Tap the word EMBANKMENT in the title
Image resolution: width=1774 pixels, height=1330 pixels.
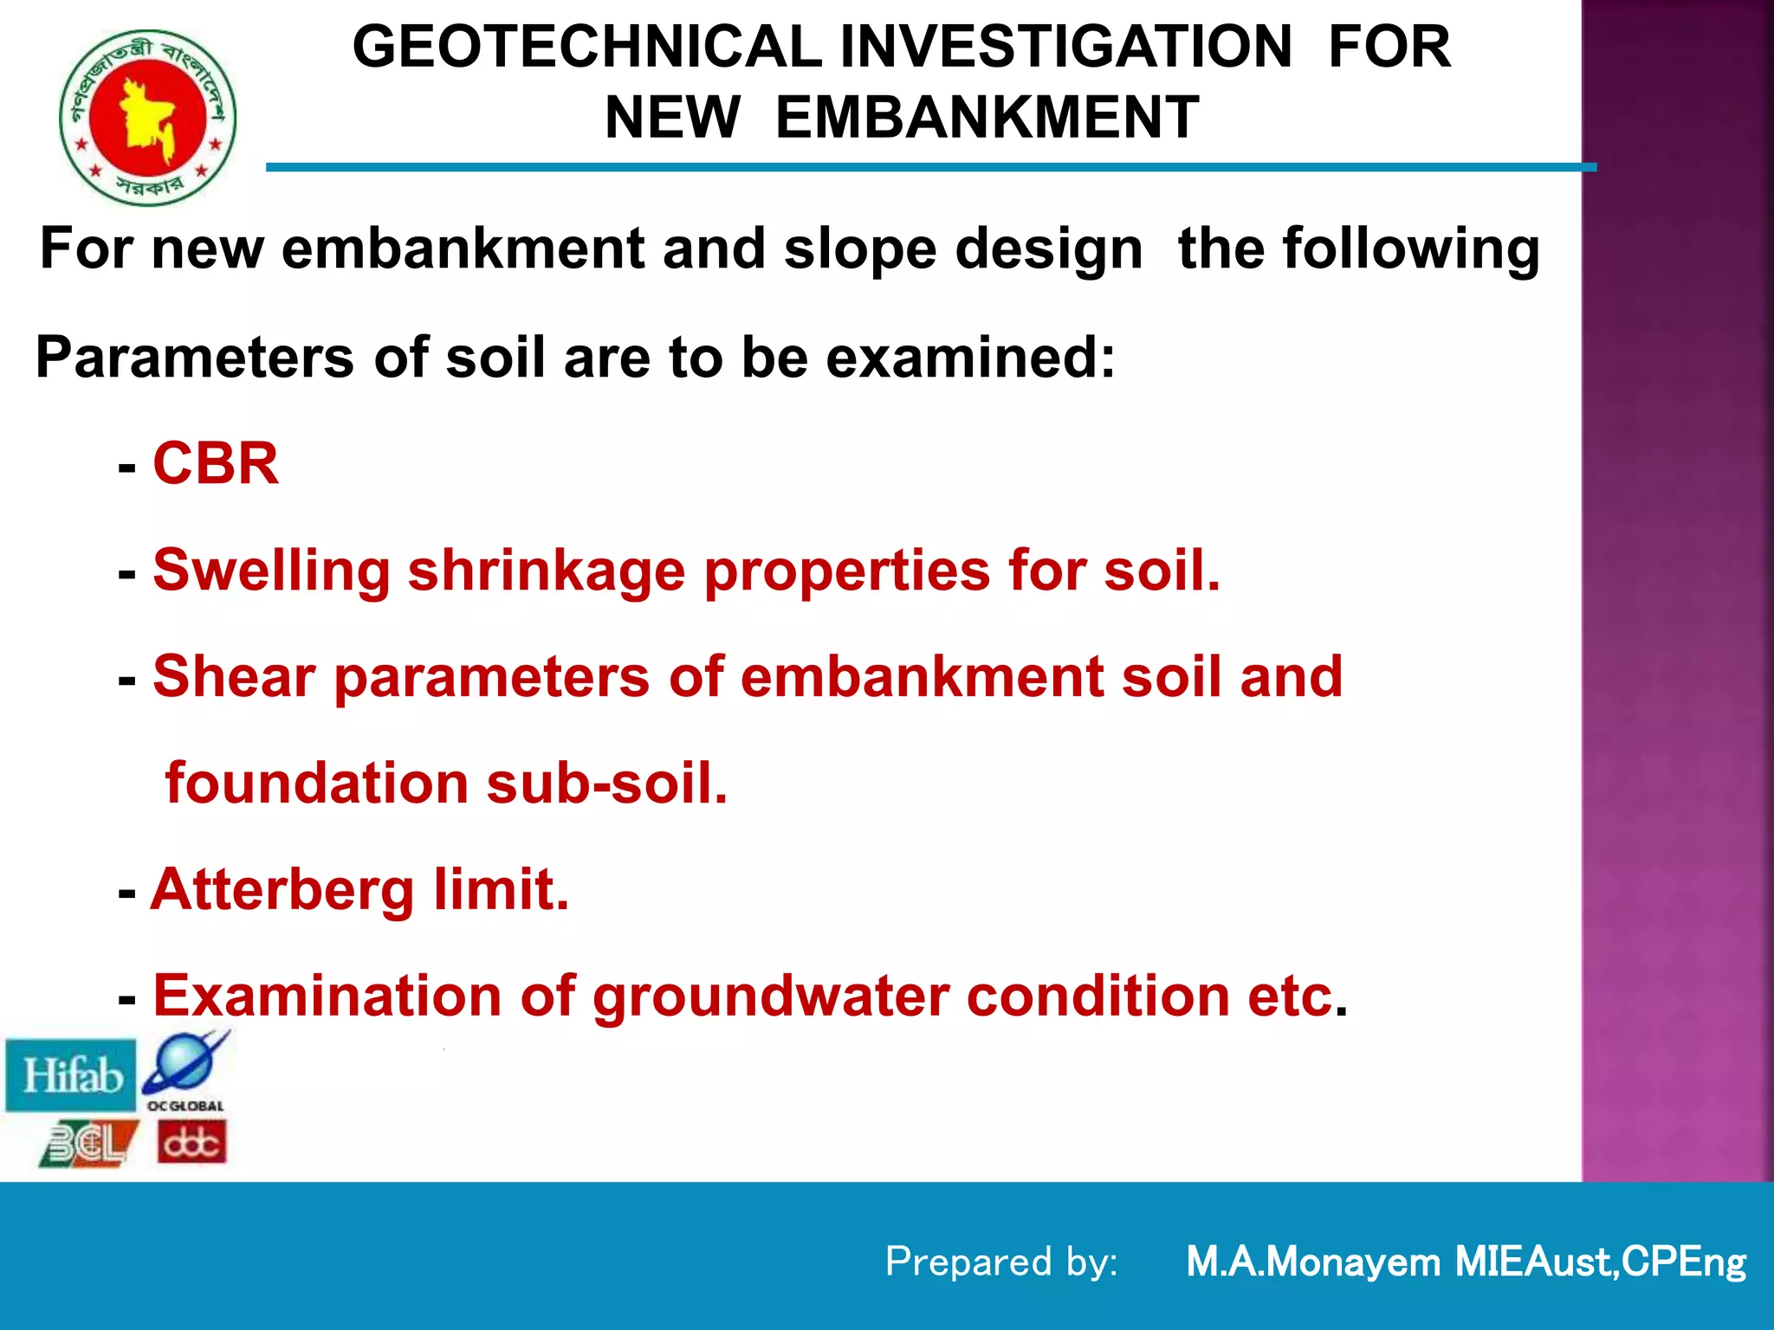click(987, 118)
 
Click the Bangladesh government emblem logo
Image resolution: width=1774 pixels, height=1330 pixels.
click(148, 117)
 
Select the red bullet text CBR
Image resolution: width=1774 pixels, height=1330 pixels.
click(216, 464)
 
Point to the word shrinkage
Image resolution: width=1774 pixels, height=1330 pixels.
click(547, 572)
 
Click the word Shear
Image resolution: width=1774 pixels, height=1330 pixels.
click(234, 677)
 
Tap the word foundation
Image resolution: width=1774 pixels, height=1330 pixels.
click(316, 784)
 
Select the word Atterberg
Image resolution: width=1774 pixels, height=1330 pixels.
click(282, 890)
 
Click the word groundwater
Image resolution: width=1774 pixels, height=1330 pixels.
click(770, 997)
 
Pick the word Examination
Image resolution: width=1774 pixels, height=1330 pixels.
click(327, 997)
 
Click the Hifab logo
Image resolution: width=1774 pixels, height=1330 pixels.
click(71, 1076)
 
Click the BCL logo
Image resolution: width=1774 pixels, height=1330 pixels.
click(88, 1144)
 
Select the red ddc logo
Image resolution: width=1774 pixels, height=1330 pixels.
click(192, 1142)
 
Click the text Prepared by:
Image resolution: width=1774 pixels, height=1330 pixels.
click(1001, 1262)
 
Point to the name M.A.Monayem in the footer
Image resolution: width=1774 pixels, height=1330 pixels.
click(1312, 1262)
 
